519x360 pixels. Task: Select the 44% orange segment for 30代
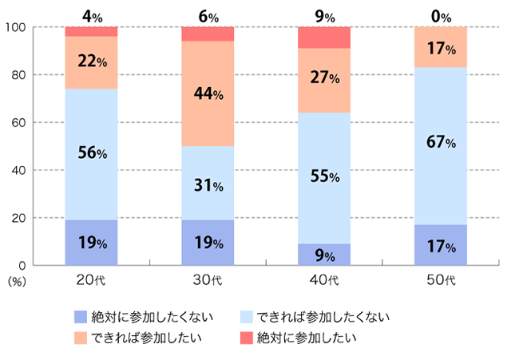[208, 93]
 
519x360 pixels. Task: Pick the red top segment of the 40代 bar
[324, 38]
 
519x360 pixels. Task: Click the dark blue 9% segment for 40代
[324, 255]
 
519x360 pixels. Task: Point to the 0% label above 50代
[442, 14]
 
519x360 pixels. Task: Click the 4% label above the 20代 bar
[91, 14]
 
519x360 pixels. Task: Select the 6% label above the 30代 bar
[208, 14]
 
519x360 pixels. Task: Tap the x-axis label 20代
[91, 280]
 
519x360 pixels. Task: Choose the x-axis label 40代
[324, 280]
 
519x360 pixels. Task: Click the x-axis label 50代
[442, 280]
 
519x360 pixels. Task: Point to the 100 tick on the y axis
[17, 27]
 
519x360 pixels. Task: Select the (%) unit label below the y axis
[17, 281]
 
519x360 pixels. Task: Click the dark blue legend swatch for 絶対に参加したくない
[80, 316]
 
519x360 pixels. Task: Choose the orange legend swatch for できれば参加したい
[80, 337]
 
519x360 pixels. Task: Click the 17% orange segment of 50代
[442, 47]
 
